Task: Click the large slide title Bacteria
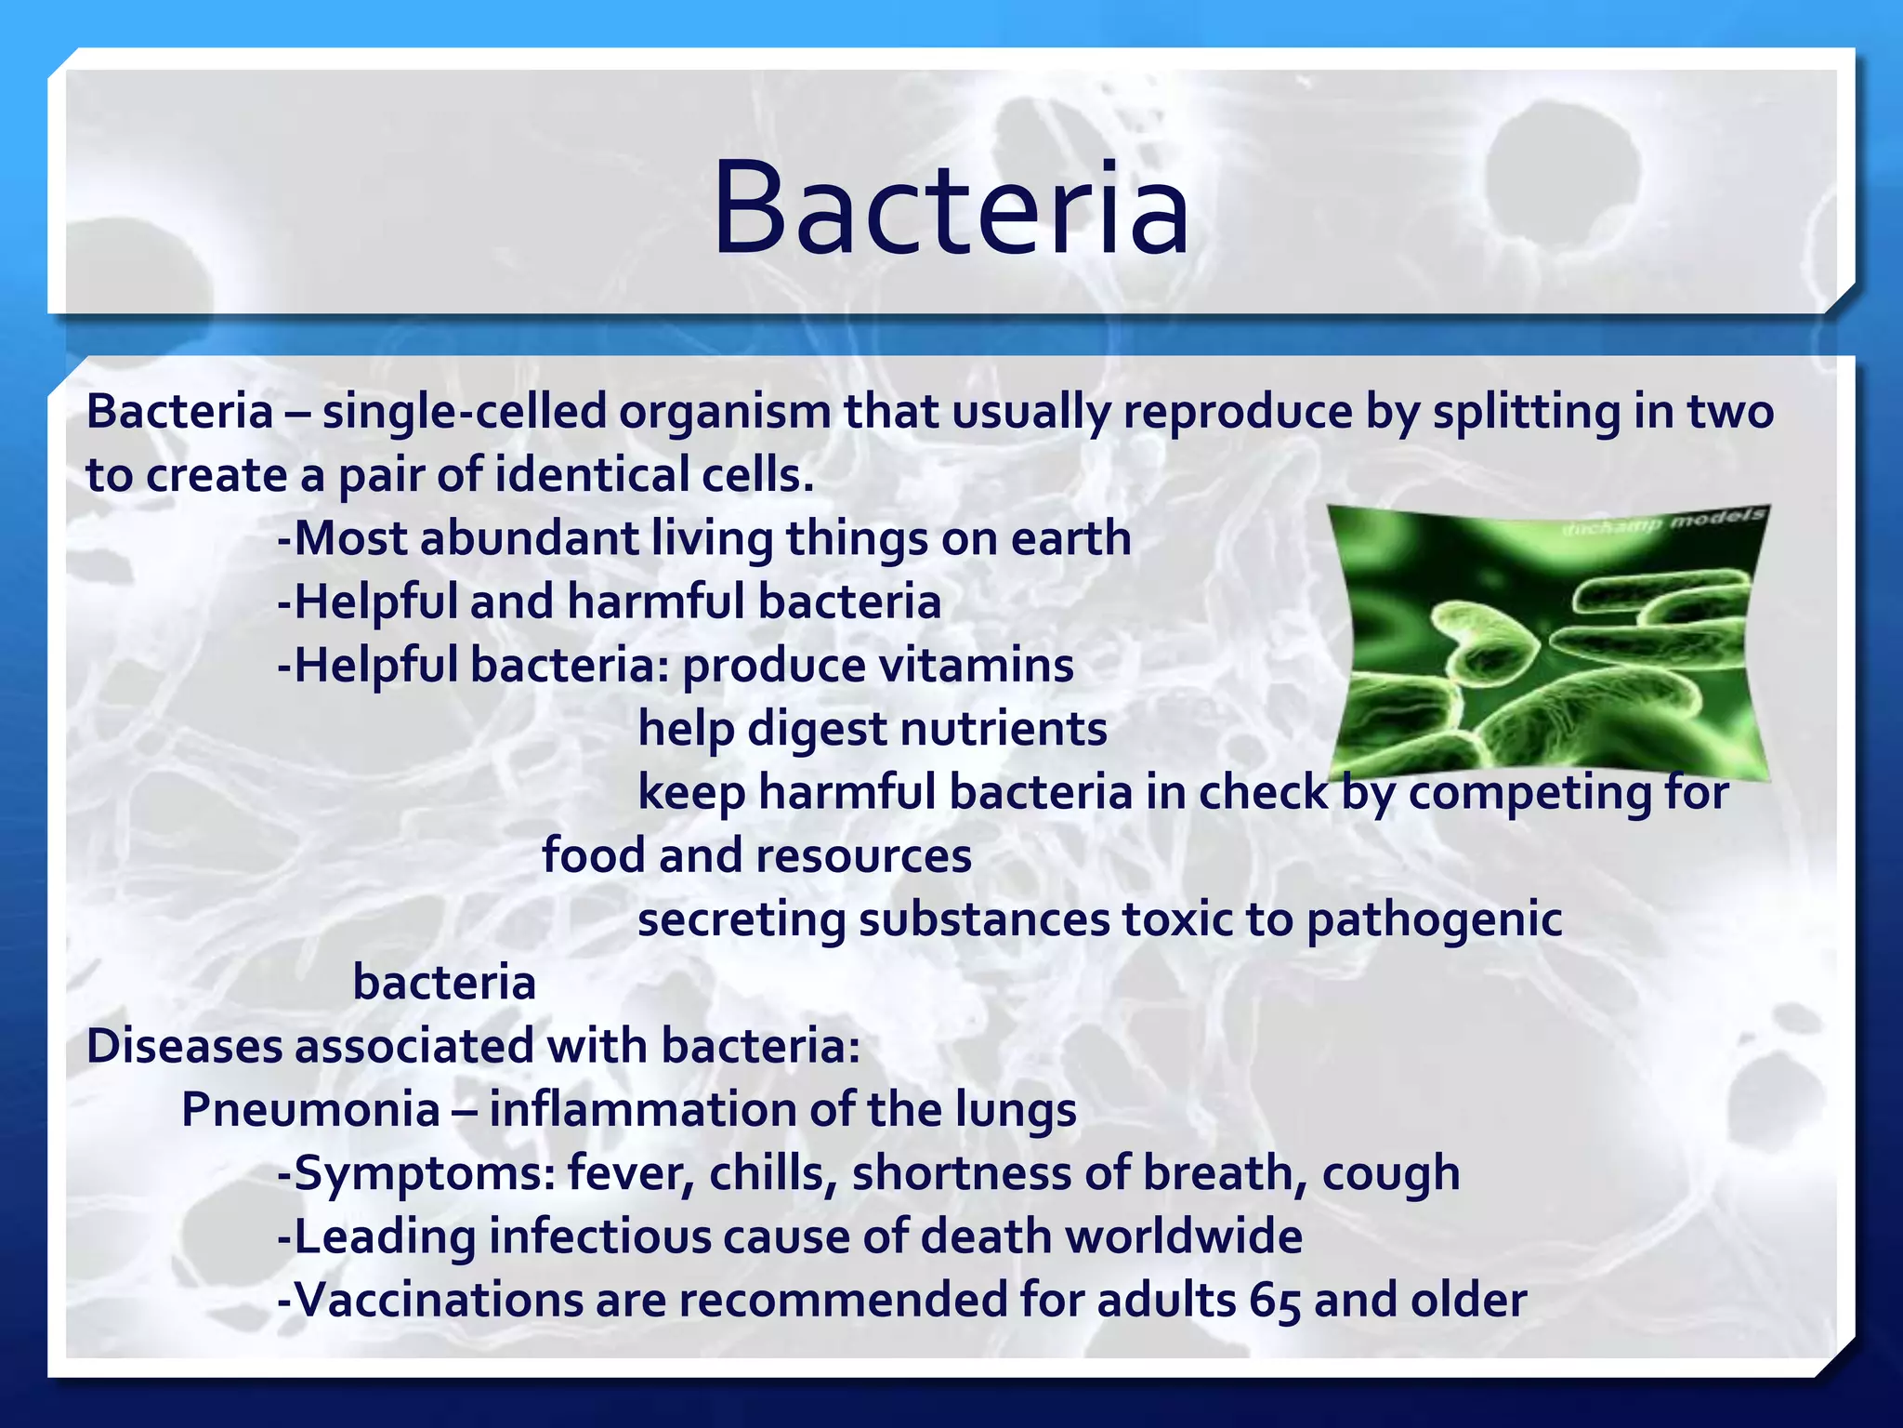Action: click(950, 208)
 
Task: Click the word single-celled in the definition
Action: click(464, 411)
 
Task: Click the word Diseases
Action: click(184, 1046)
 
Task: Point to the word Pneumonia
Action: click(310, 1110)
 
